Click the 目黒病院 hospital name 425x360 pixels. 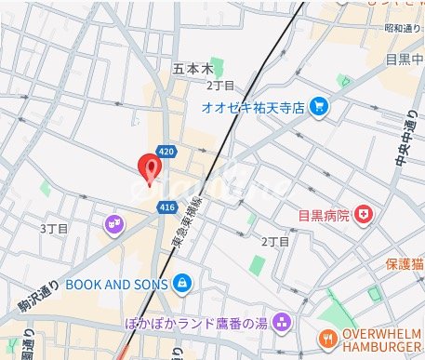(x=324, y=216)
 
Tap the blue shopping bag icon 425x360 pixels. (x=181, y=281)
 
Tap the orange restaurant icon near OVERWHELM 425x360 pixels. (x=326, y=339)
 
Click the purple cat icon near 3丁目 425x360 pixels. (x=113, y=222)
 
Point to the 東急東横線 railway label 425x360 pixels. (x=194, y=224)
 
